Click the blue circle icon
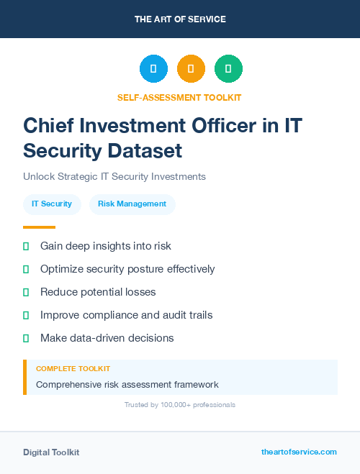coord(153,69)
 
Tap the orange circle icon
coord(191,69)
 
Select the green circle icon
coord(228,69)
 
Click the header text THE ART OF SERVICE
coord(180,19)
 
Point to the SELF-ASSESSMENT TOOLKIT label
coord(179,97)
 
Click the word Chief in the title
coord(49,125)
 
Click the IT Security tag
coord(52,204)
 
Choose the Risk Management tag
coord(132,204)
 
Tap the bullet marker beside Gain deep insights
coord(26,246)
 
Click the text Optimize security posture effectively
coord(127,269)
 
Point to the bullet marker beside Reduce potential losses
coord(26,292)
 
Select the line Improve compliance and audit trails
coord(126,314)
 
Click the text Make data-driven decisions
coord(107,337)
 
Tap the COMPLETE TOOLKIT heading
coord(73,368)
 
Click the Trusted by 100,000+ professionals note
coord(180,405)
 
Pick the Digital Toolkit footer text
coord(51,452)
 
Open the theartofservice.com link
coord(299,452)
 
